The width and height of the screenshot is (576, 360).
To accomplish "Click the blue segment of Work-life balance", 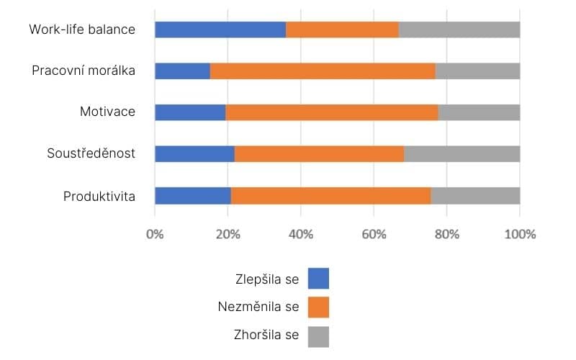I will pos(220,30).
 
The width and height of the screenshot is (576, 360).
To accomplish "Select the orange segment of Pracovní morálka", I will pos(323,71).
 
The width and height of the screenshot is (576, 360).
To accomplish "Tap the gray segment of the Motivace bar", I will pos(479,112).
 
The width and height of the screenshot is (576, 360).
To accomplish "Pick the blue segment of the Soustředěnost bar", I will pos(194,154).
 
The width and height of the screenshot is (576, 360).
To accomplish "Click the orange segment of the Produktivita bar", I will pos(330,195).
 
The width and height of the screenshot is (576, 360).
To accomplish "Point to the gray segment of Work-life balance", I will pos(459,30).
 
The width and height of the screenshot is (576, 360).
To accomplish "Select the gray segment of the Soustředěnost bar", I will pos(462,154).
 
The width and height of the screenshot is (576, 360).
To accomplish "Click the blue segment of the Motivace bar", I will pos(190,112).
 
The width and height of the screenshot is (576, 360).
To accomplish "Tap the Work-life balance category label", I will pos(82,30).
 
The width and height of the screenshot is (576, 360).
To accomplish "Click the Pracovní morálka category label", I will pos(84,71).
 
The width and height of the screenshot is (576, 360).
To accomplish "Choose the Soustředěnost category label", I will pos(91,154).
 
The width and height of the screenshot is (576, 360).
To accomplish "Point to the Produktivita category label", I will pos(99,196).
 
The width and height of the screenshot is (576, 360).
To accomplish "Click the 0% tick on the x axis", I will pos(155,234).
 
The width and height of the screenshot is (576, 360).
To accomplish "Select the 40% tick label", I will pos(300,234).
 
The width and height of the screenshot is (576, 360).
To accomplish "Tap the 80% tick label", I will pos(446,234).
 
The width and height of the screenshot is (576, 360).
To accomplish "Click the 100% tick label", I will pos(520,234).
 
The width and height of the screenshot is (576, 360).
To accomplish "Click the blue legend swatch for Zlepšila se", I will pos(318,279).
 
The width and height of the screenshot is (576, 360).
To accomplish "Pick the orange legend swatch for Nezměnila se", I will pos(318,307).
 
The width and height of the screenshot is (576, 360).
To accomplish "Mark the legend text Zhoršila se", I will pos(266,336).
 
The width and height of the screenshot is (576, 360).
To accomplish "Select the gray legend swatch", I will pos(318,336).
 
